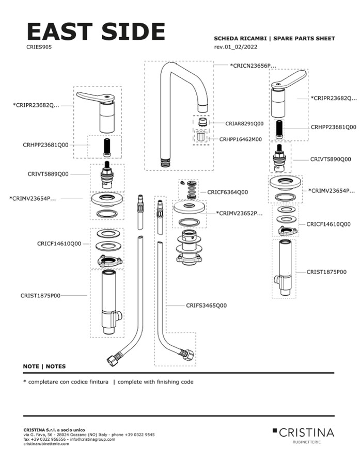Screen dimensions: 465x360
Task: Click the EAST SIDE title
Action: point(96,32)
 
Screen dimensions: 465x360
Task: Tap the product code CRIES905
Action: point(39,46)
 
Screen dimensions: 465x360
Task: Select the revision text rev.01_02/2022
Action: point(236,47)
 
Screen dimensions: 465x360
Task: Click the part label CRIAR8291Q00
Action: point(244,124)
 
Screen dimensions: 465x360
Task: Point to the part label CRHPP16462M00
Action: point(240,139)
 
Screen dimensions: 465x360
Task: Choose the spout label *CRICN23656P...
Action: point(253,66)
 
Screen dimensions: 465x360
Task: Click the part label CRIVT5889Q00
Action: point(48,174)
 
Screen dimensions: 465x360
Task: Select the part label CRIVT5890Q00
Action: point(330,159)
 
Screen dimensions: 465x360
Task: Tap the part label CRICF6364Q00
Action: point(227,192)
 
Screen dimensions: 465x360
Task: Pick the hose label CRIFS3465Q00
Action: point(206,306)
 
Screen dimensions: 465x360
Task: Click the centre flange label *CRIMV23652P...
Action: point(239,213)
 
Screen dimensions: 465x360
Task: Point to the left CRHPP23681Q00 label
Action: point(45,145)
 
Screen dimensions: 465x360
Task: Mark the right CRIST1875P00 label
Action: point(326,271)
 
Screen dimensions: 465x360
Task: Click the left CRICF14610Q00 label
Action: point(59,243)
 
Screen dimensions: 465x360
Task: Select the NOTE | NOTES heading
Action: point(44,366)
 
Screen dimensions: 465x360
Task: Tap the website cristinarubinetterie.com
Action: point(46,444)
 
